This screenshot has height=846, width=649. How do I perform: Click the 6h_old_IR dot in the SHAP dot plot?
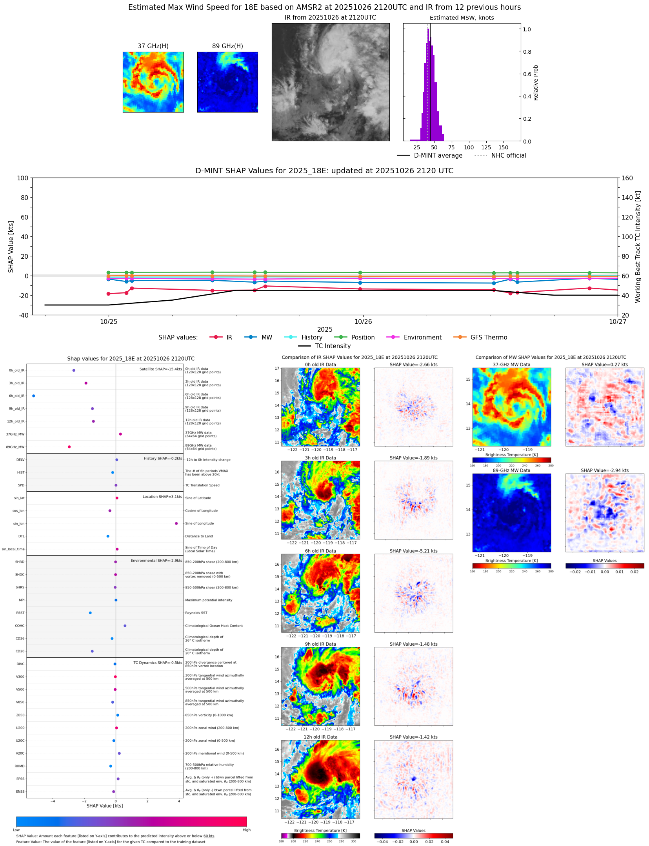pyautogui.click(x=34, y=396)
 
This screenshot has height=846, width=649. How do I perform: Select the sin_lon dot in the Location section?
pyautogui.click(x=176, y=523)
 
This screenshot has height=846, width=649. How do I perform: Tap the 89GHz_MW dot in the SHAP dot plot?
pyautogui.click(x=69, y=447)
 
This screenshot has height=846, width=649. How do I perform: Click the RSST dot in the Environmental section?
pyautogui.click(x=90, y=613)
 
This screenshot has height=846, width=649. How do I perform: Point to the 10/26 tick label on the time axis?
pyautogui.click(x=363, y=322)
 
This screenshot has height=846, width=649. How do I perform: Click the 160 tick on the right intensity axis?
pyautogui.click(x=627, y=178)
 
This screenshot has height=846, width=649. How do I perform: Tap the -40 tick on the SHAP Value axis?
pyautogui.click(x=23, y=315)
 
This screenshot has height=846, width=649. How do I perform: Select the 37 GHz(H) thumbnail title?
pyautogui.click(x=153, y=46)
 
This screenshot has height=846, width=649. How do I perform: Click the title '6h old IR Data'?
pyautogui.click(x=320, y=551)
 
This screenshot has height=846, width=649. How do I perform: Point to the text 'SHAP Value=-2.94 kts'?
pyautogui.click(x=604, y=470)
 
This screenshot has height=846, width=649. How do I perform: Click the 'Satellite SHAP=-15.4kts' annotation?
pyautogui.click(x=160, y=369)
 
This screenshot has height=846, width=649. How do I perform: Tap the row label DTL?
pyautogui.click(x=21, y=536)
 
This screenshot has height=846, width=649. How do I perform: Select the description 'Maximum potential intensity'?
pyautogui.click(x=209, y=600)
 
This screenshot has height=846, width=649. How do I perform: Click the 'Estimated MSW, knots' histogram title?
pyautogui.click(x=462, y=18)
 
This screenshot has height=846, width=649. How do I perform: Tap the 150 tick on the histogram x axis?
pyautogui.click(x=503, y=148)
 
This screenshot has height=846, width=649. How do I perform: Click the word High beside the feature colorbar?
pyautogui.click(x=246, y=830)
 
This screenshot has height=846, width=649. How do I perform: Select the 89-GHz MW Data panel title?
pyautogui.click(x=511, y=470)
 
